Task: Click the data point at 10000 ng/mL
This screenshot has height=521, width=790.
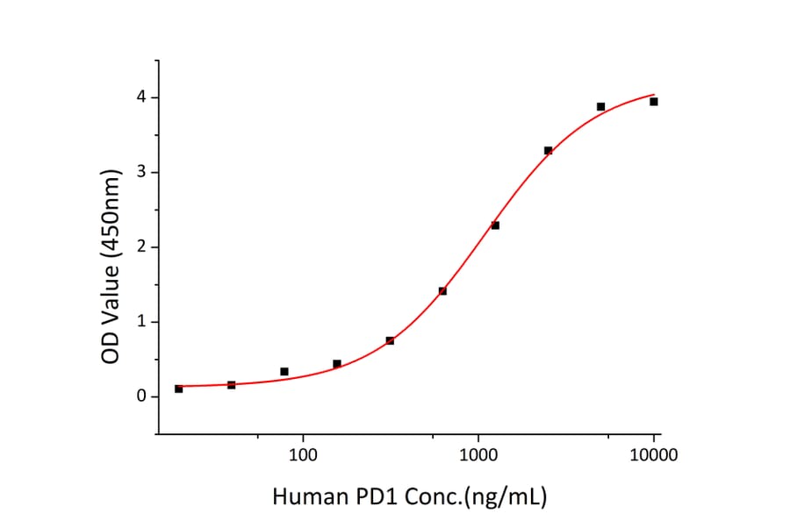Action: (x=654, y=102)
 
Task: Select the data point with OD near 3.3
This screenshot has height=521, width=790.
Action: (x=548, y=151)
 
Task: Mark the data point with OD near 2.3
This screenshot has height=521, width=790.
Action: (x=495, y=225)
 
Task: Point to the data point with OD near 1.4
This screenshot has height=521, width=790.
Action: (x=442, y=291)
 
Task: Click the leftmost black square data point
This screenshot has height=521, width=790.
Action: (x=179, y=389)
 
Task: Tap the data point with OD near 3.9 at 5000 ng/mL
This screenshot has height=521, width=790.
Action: (x=600, y=107)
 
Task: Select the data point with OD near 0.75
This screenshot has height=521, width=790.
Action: (x=390, y=340)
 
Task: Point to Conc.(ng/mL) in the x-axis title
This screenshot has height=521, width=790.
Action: (x=473, y=497)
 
